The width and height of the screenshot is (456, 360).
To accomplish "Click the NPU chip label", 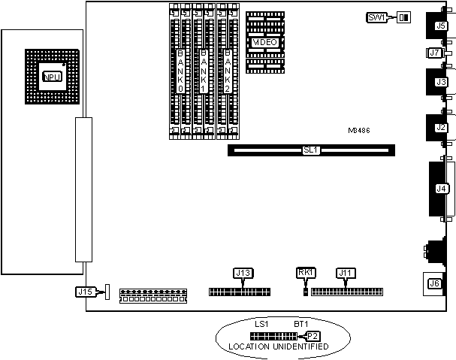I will [x=52, y=77].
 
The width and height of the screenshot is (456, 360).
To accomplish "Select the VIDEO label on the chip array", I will [x=265, y=43].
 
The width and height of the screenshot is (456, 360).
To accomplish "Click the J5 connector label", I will [x=441, y=26].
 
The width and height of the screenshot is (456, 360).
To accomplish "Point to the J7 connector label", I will [x=433, y=53].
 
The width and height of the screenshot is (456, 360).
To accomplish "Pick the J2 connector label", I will [x=441, y=128].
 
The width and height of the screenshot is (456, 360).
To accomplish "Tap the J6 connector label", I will [x=433, y=283].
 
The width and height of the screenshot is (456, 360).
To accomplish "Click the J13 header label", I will [x=243, y=273].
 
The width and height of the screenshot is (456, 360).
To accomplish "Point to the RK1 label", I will [x=305, y=273].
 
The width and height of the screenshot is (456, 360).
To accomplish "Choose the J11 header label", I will [x=346, y=273].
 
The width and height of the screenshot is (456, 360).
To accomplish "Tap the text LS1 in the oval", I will [x=261, y=324].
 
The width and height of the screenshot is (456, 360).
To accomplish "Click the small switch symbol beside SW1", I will [x=405, y=17].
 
